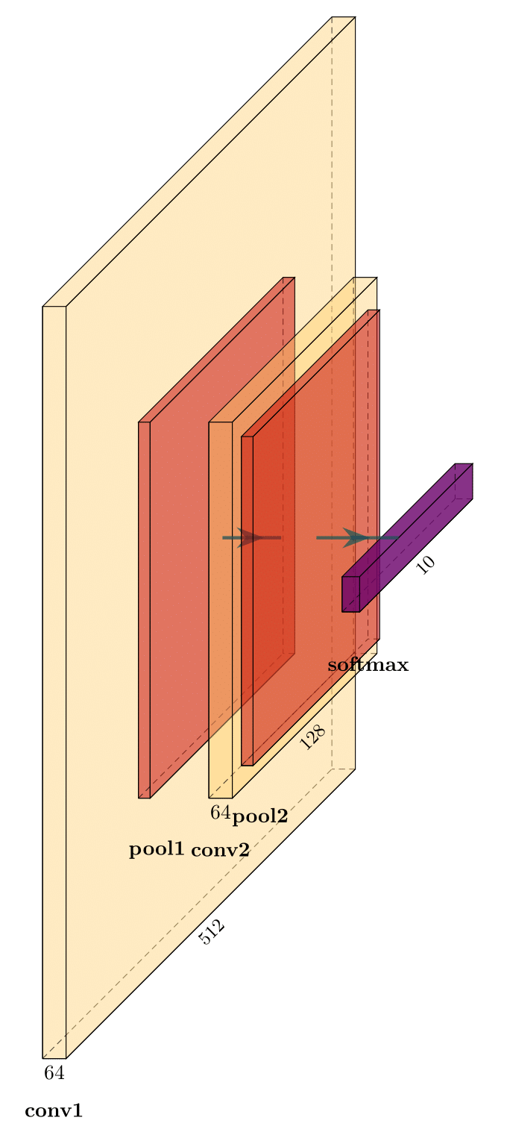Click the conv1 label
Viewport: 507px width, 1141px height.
click(x=54, y=1111)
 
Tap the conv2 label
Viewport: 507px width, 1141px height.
click(x=220, y=850)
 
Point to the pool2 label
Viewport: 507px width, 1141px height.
click(x=259, y=816)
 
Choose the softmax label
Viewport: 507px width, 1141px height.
click(x=368, y=665)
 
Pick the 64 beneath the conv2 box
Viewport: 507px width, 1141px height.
click(x=220, y=813)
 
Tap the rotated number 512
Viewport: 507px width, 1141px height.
click(x=212, y=932)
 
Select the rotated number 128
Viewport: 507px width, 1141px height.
click(x=313, y=738)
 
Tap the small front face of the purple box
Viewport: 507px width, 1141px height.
click(x=350, y=594)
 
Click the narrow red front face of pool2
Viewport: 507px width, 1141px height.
click(x=247, y=601)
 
